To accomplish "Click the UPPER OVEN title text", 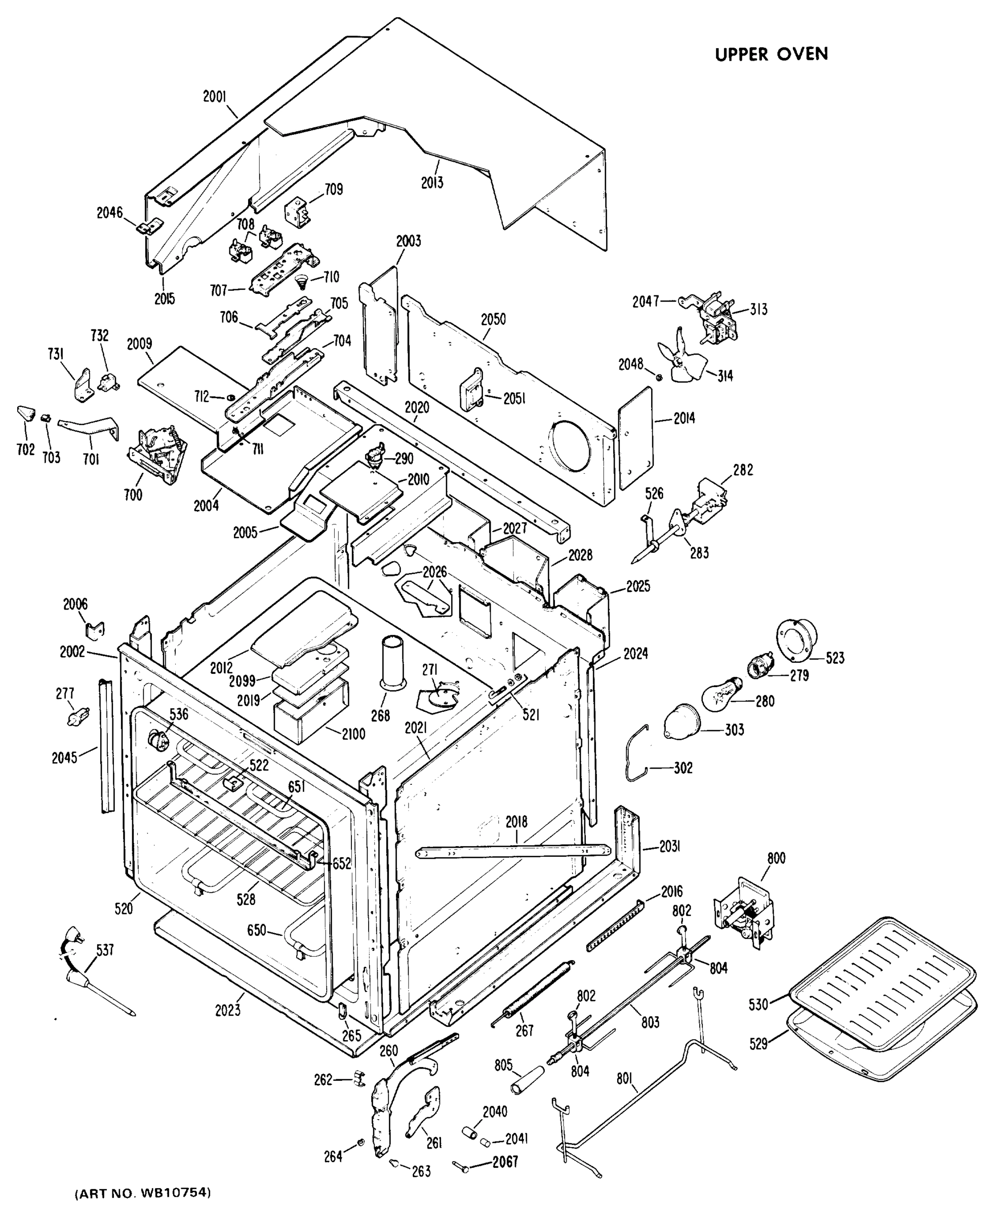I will (x=771, y=54).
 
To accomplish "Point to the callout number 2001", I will (x=214, y=97).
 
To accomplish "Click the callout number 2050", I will (x=493, y=319).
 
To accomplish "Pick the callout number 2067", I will (x=505, y=1161).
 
